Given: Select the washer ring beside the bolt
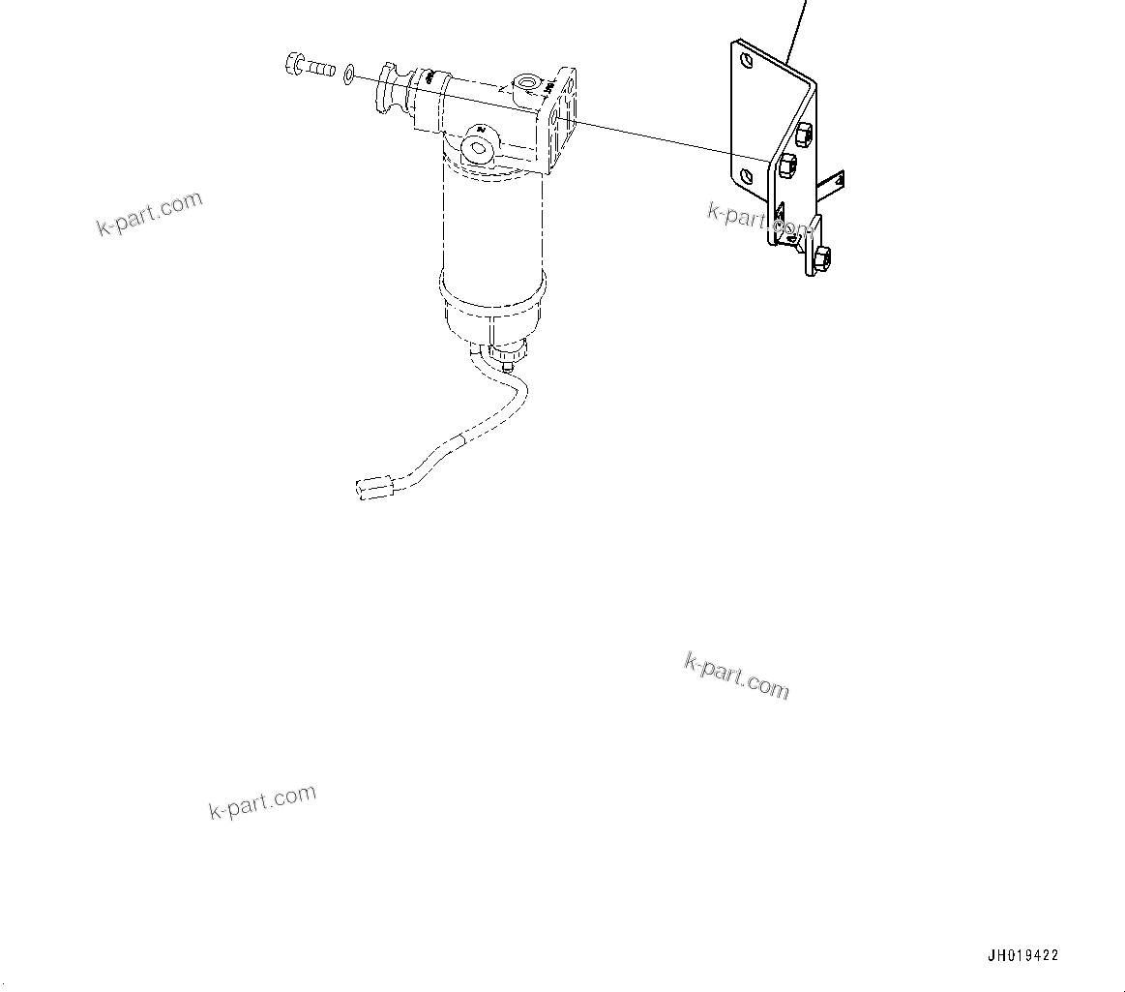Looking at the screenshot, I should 348,74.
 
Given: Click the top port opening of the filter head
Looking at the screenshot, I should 527,84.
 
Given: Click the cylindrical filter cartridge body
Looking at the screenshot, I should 492,223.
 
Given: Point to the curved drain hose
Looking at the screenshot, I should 455,445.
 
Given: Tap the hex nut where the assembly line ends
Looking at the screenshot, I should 786,165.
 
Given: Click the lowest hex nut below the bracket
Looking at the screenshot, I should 822,257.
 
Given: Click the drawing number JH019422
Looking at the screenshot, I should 1022,955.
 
